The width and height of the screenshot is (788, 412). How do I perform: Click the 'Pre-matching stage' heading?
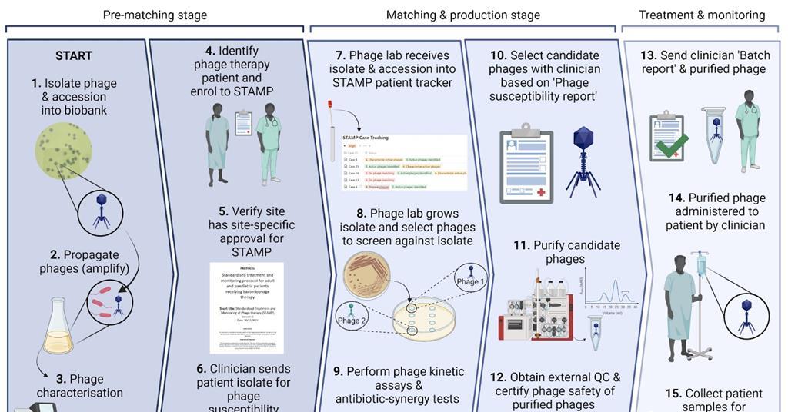click(155, 15)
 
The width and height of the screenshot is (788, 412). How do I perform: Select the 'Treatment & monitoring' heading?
click(702, 15)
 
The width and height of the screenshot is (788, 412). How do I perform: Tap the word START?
click(74, 55)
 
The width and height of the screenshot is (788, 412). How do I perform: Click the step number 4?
click(210, 51)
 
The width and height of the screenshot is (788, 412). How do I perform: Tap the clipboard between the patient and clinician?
click(243, 122)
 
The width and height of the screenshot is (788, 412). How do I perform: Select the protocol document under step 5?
click(246, 307)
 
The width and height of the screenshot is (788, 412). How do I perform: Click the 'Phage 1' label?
click(471, 281)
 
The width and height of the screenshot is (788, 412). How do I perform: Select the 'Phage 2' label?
click(351, 320)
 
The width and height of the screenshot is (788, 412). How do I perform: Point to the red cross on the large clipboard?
click(541, 191)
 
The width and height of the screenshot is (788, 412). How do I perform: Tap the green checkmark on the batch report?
click(673, 144)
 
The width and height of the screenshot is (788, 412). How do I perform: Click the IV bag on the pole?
click(701, 265)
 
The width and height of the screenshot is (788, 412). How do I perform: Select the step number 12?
click(498, 377)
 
